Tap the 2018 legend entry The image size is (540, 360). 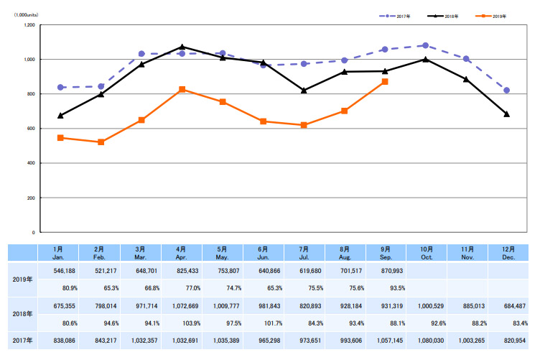click(x=445, y=14)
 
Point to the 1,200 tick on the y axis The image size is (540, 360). click(x=29, y=25)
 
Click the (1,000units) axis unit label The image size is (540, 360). click(x=27, y=14)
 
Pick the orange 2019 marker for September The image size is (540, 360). click(x=385, y=82)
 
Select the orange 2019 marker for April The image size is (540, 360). click(x=182, y=89)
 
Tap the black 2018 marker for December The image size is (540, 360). click(x=507, y=114)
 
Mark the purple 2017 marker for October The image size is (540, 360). click(x=426, y=45)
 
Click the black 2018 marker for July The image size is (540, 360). click(x=304, y=91)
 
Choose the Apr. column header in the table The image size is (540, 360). click(x=182, y=253)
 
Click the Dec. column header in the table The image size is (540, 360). click(x=507, y=253)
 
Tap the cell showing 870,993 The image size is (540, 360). click(x=385, y=272)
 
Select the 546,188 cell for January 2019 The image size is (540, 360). click(x=60, y=272)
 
